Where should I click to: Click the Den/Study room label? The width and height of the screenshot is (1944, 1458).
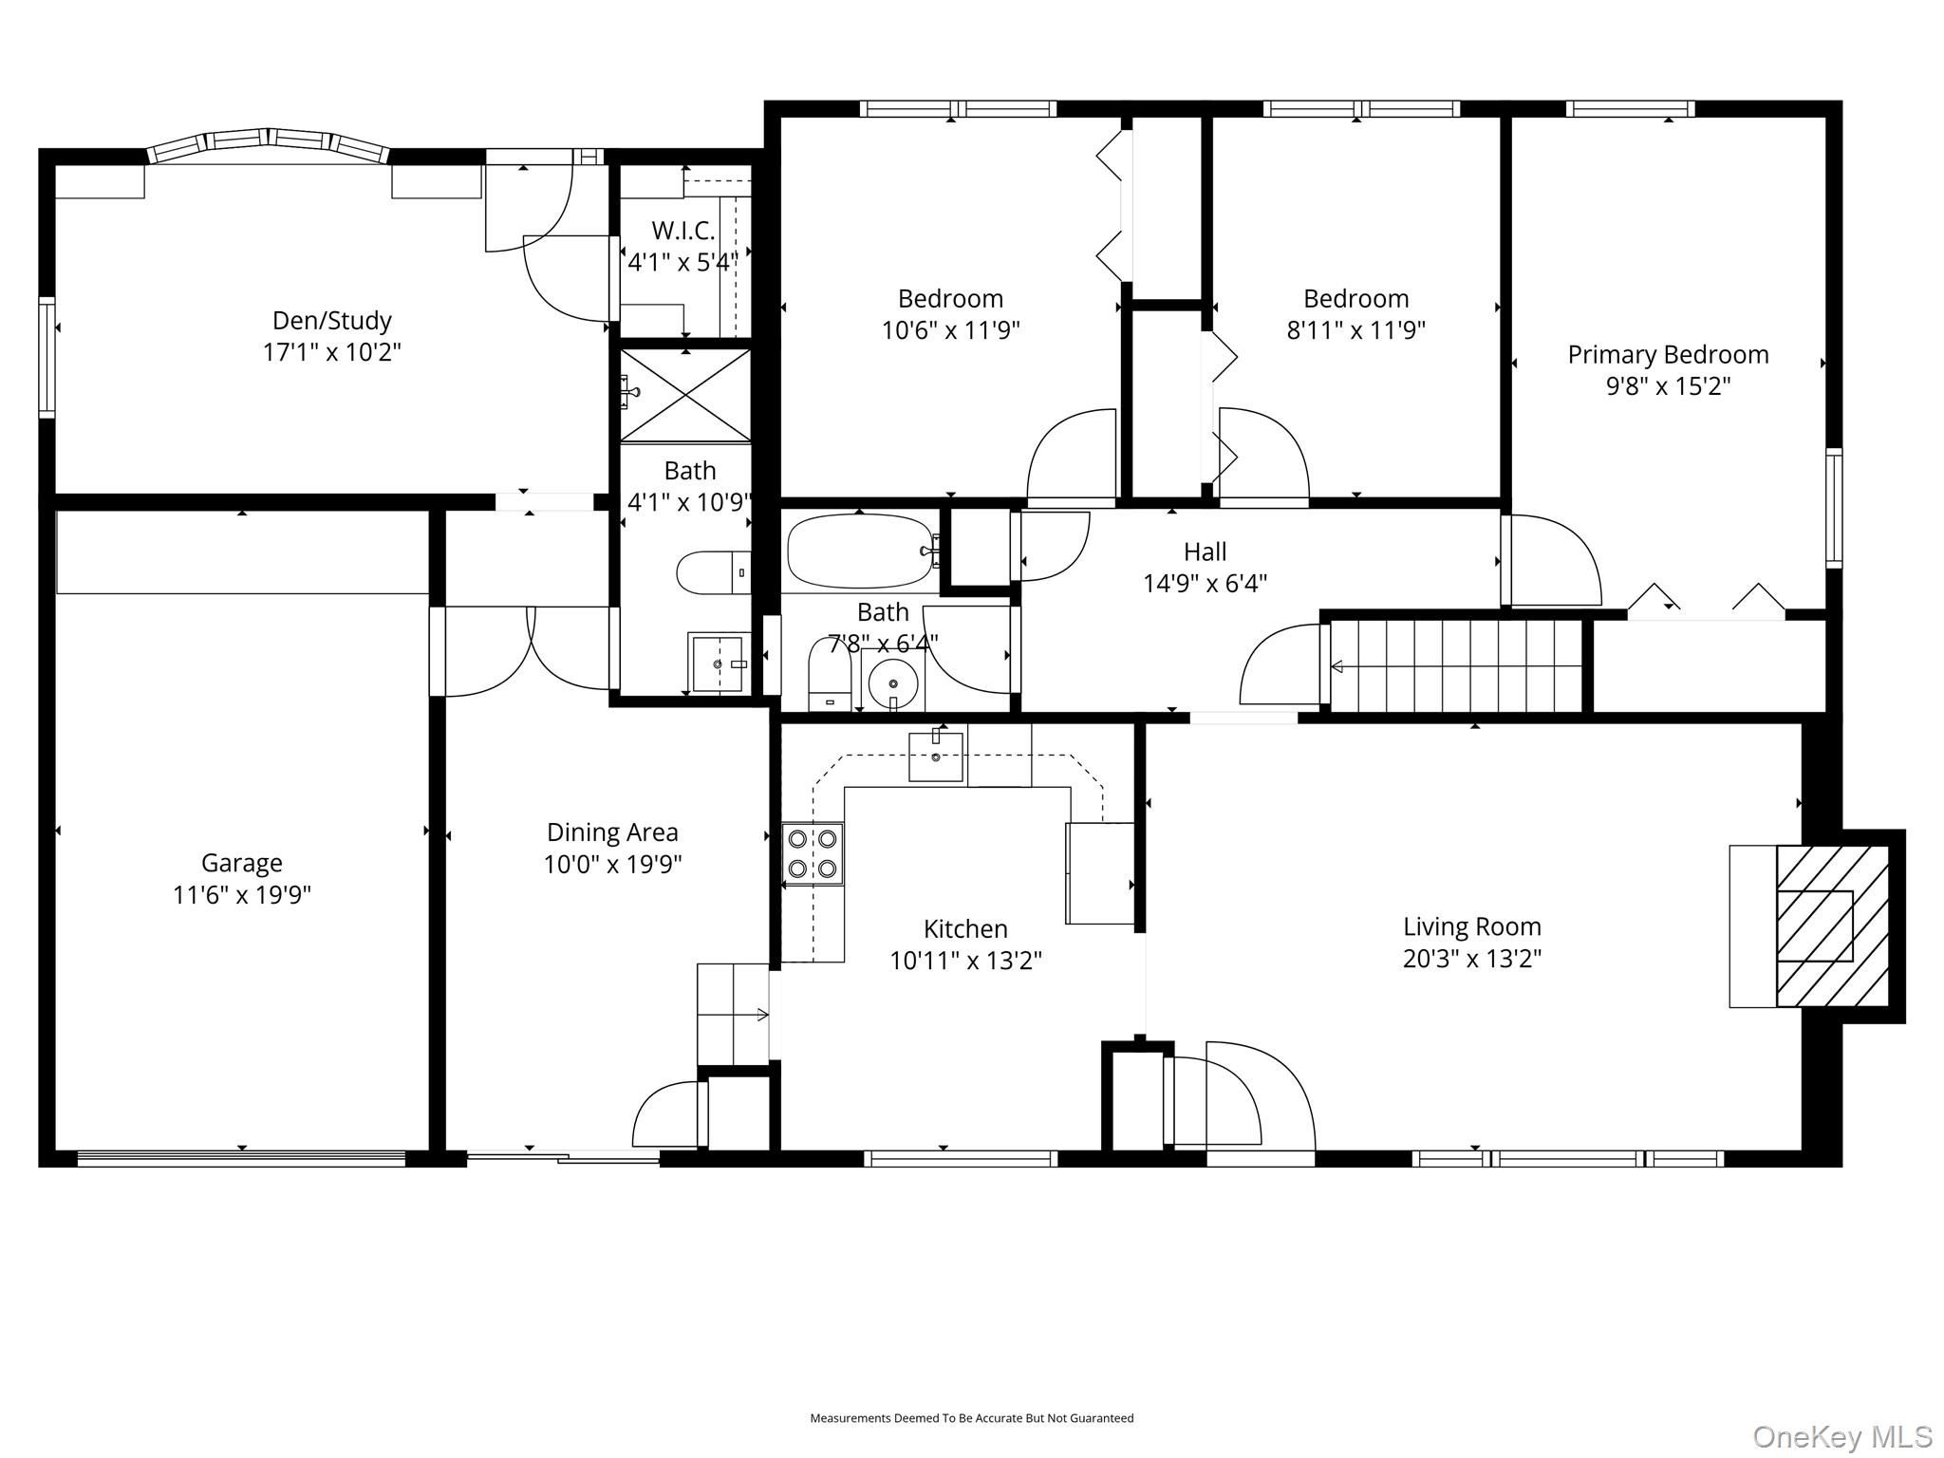pyautogui.click(x=331, y=320)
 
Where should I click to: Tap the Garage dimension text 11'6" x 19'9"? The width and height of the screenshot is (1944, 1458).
pyautogui.click(x=242, y=894)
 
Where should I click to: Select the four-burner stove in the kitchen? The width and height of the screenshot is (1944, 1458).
pyautogui.click(x=813, y=854)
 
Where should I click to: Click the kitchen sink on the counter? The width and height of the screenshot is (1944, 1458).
pyautogui.click(x=936, y=757)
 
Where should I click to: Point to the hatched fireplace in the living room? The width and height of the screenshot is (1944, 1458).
pyautogui.click(x=1833, y=925)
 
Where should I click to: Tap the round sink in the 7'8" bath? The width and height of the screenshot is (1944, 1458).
pyautogui.click(x=893, y=682)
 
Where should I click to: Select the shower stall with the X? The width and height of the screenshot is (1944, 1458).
pyautogui.click(x=685, y=395)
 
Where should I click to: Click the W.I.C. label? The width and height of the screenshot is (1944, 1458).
pyautogui.click(x=683, y=230)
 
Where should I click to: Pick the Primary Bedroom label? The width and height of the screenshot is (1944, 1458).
pyautogui.click(x=1668, y=354)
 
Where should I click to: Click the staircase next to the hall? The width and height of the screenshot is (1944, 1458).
pyautogui.click(x=1456, y=665)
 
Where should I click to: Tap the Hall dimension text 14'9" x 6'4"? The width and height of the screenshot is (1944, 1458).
pyautogui.click(x=1206, y=583)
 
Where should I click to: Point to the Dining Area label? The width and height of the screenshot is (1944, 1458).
pyautogui.click(x=612, y=832)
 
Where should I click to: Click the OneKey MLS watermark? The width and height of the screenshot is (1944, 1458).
pyautogui.click(x=1841, y=1436)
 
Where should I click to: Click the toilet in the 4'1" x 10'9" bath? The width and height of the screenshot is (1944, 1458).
pyautogui.click(x=714, y=572)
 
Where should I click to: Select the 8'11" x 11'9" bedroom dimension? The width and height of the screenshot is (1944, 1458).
pyautogui.click(x=1355, y=330)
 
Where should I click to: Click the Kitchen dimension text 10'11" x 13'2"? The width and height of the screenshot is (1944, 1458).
pyautogui.click(x=965, y=961)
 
